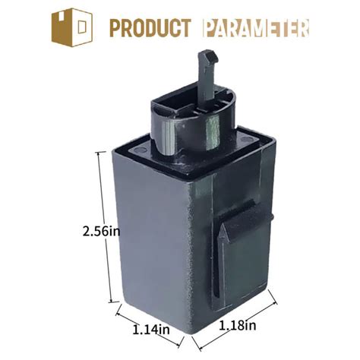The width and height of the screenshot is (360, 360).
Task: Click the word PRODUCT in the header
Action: pos(149,28)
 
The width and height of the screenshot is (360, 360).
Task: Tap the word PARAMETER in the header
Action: pos(257,28)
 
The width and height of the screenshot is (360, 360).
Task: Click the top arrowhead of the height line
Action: pos(100,153)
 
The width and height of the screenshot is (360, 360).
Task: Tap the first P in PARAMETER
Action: pos(210,28)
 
